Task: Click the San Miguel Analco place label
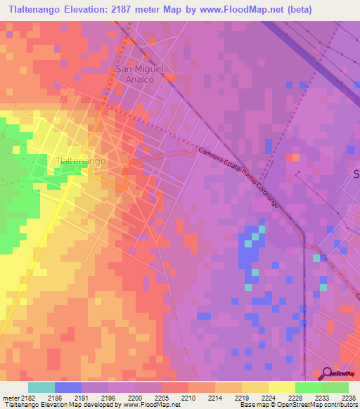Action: point(139,74)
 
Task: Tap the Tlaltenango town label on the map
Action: point(80,161)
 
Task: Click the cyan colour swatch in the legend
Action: point(41,387)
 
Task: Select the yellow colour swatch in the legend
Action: point(281,387)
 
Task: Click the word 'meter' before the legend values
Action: point(11,397)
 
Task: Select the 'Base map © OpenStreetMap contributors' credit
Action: point(297,405)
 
